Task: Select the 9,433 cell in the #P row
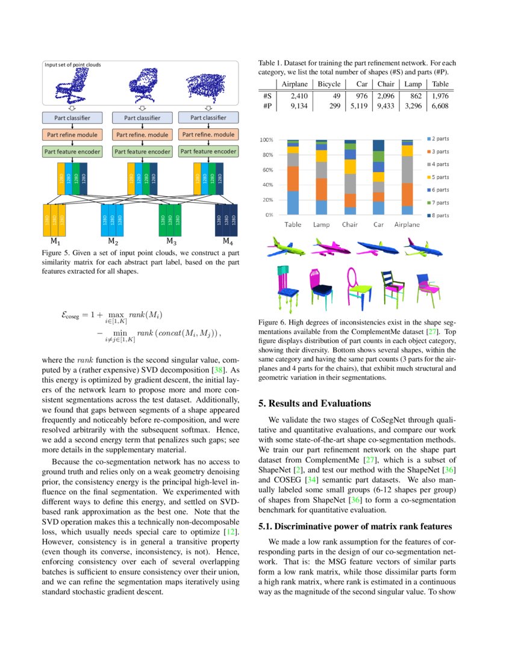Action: [385, 106]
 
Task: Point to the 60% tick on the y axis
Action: [267, 170]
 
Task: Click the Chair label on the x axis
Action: [349, 224]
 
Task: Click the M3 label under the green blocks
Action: [171, 242]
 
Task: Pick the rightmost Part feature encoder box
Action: [208, 152]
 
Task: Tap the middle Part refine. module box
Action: [141, 135]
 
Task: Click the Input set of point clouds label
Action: [73, 64]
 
